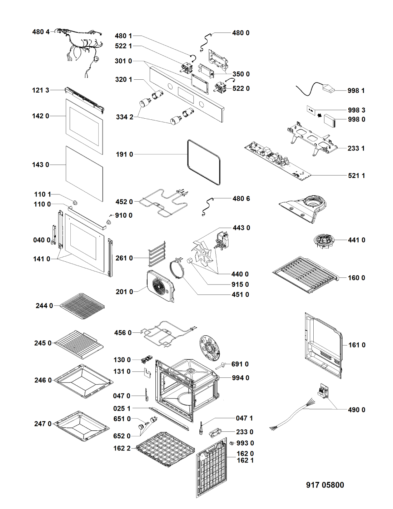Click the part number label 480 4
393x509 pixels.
pos(41,32)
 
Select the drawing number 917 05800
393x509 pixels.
pos(325,485)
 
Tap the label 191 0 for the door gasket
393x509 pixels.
pos(124,154)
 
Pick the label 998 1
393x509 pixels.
pos(356,90)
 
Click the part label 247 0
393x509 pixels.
pos(43,424)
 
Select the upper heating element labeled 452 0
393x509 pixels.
pos(163,204)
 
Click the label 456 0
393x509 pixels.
pos(123,333)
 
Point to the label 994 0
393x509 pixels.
pos(240,378)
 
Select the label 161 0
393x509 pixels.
pos(357,345)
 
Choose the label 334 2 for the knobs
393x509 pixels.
pos(124,117)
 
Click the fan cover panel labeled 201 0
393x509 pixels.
pos(160,286)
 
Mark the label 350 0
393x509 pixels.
pos(241,74)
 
